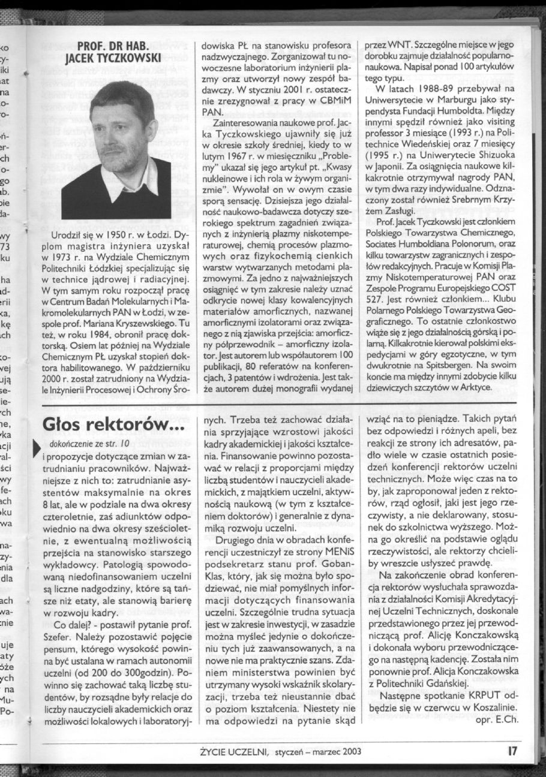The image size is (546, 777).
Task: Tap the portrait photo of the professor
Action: click(x=116, y=150)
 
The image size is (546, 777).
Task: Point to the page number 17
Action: click(x=511, y=750)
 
